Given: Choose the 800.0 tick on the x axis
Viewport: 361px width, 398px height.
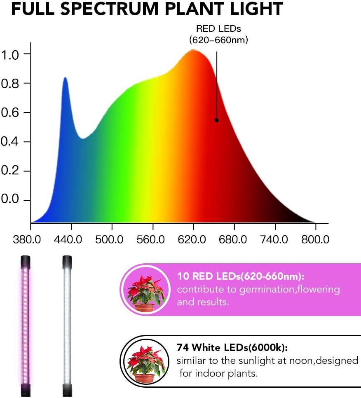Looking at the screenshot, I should pyautogui.click(x=315, y=239).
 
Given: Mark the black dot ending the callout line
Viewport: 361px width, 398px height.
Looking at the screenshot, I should pyautogui.click(x=216, y=120).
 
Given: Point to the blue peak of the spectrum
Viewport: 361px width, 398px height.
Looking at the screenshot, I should pyautogui.click(x=65, y=78).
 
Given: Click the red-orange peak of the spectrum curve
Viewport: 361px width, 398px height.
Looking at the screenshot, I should pyautogui.click(x=193, y=51).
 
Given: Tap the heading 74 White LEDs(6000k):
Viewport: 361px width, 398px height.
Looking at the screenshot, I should pyautogui.click(x=232, y=347).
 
